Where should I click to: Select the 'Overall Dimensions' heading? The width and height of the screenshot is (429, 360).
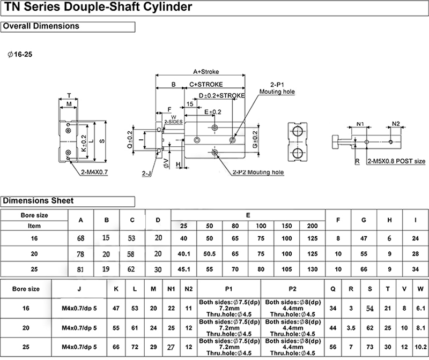41,26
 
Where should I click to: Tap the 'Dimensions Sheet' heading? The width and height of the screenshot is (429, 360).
39,201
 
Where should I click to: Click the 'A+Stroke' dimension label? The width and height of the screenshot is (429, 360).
203,71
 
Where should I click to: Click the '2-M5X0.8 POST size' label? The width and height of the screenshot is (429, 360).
396,161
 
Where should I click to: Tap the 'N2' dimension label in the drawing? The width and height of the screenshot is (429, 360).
396,124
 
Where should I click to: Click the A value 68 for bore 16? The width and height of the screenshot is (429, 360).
80,238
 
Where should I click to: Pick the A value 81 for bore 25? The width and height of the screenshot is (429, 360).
80,269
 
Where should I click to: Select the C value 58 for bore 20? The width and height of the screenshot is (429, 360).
132,253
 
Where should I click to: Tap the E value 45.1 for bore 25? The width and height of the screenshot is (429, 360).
183,269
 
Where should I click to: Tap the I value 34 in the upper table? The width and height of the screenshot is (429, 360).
416,269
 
